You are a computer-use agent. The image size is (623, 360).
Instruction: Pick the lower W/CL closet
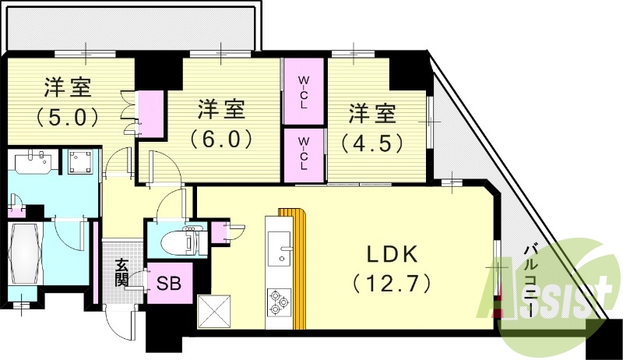coord(304,154)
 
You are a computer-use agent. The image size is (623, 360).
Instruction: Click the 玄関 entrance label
coord(123,274)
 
